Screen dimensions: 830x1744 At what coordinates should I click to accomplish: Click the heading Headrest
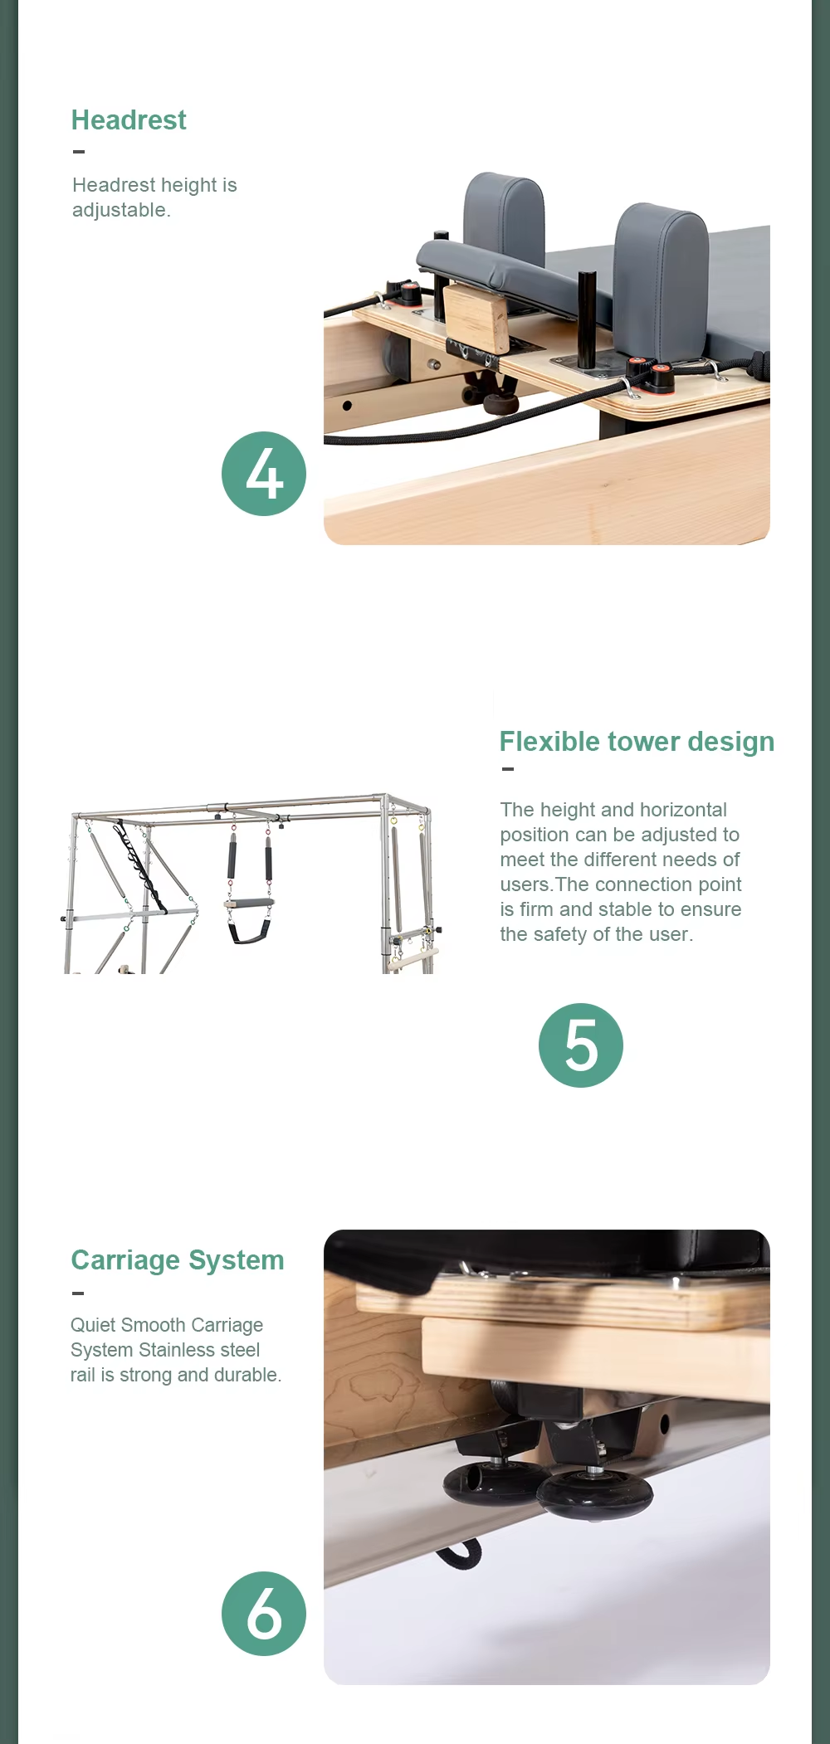coord(129,120)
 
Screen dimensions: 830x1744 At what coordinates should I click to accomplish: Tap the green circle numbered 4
coord(264,474)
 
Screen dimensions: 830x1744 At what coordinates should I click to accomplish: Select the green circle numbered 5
coord(581,1045)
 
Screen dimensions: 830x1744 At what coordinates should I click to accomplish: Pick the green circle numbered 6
coord(264,1614)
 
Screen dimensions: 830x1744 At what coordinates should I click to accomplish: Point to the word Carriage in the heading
coord(125,1260)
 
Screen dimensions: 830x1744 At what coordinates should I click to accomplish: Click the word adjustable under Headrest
coord(121,210)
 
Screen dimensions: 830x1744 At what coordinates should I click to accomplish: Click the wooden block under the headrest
coord(476,317)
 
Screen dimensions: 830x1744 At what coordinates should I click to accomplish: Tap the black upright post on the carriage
coord(587,319)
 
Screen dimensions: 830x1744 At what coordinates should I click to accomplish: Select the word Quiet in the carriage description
coord(92,1325)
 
